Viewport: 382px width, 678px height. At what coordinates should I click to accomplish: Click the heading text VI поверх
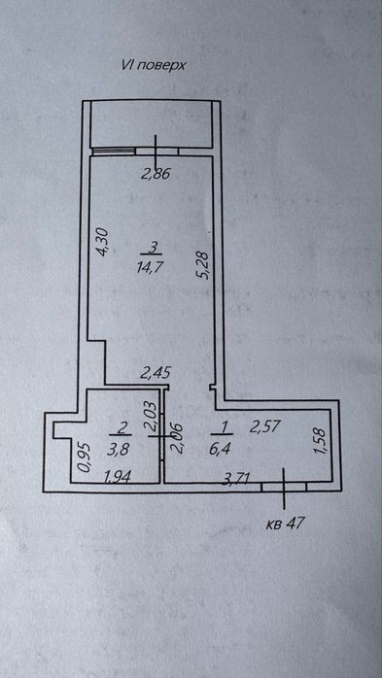pos(154,65)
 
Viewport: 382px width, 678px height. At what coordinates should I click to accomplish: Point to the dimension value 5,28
pos(204,266)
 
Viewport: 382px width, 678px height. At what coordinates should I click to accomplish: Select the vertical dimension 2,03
pos(152,416)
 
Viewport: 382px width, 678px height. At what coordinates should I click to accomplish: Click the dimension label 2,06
pos(177,438)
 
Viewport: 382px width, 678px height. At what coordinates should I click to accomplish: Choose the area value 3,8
pos(118,451)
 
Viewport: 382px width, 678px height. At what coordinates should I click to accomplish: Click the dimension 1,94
pos(119,477)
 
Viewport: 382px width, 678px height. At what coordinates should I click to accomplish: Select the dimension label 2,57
pos(264,427)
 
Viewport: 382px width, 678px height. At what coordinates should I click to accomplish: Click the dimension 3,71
pos(236,478)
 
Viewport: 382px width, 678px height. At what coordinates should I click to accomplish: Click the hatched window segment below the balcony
pos(114,151)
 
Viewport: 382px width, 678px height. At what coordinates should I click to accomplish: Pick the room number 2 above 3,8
pos(122,428)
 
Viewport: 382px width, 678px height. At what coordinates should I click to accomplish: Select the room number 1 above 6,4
pos(224,426)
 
